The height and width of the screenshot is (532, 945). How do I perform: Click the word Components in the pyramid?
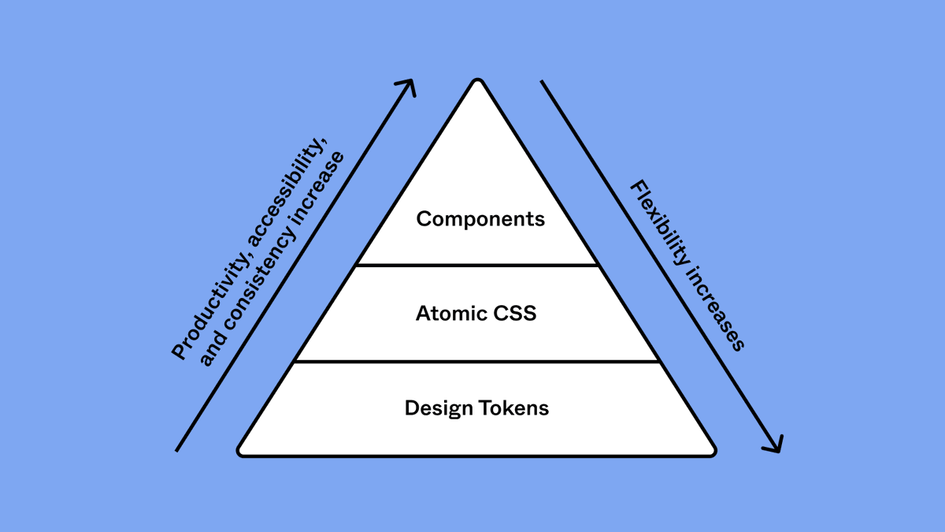click(x=480, y=218)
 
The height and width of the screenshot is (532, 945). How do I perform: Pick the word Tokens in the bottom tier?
click(x=512, y=408)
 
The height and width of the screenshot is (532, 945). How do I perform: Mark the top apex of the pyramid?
click(x=476, y=80)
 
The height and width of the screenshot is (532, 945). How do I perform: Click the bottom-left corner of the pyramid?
click(x=241, y=452)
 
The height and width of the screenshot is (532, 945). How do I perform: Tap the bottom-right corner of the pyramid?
click(x=712, y=452)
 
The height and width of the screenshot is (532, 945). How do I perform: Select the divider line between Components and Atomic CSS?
click(x=476, y=266)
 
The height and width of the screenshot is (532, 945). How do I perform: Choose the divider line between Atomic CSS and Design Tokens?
click(x=476, y=361)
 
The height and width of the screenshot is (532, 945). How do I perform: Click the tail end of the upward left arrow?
click(x=177, y=450)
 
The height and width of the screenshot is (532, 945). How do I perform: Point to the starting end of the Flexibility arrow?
click(x=542, y=81)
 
